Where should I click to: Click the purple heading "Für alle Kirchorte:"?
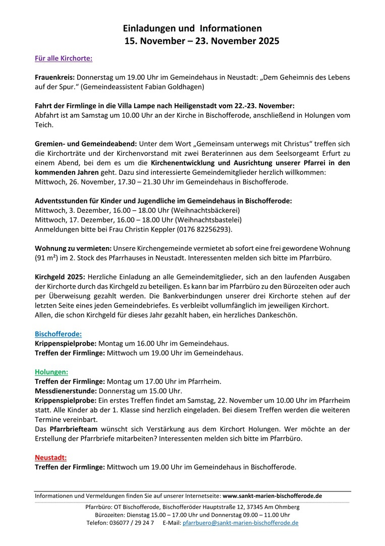(64, 58)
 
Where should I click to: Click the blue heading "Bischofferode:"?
(58, 334)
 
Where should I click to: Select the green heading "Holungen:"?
(51, 372)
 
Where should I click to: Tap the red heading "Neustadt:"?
(50, 458)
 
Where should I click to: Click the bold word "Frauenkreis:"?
(54, 77)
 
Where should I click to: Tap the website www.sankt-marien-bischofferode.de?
(272, 496)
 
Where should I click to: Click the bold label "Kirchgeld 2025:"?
(60, 277)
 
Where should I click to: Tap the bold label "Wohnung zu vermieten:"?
(73, 248)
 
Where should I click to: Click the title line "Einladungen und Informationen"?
(192, 29)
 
